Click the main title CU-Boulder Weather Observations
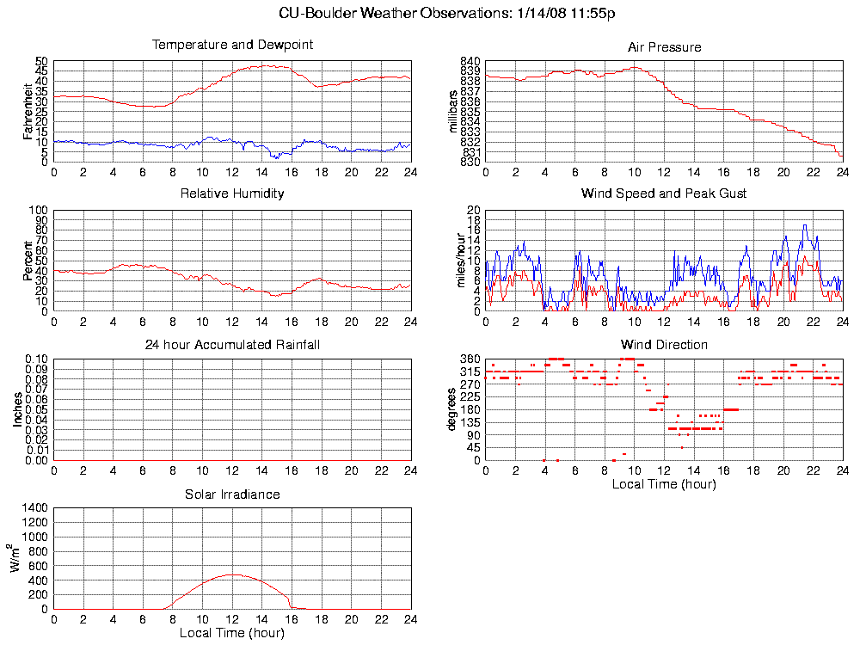(x=447, y=14)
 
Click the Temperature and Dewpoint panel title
(x=232, y=45)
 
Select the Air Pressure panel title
(x=664, y=47)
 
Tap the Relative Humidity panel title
(x=232, y=193)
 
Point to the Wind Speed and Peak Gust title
(x=664, y=193)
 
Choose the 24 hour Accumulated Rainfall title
(x=232, y=345)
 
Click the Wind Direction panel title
(x=664, y=345)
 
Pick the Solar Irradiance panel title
(x=232, y=494)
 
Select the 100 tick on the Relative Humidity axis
(x=39, y=211)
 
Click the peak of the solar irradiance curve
(x=232, y=574)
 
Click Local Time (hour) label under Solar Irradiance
(x=232, y=633)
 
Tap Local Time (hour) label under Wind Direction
(x=664, y=483)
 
